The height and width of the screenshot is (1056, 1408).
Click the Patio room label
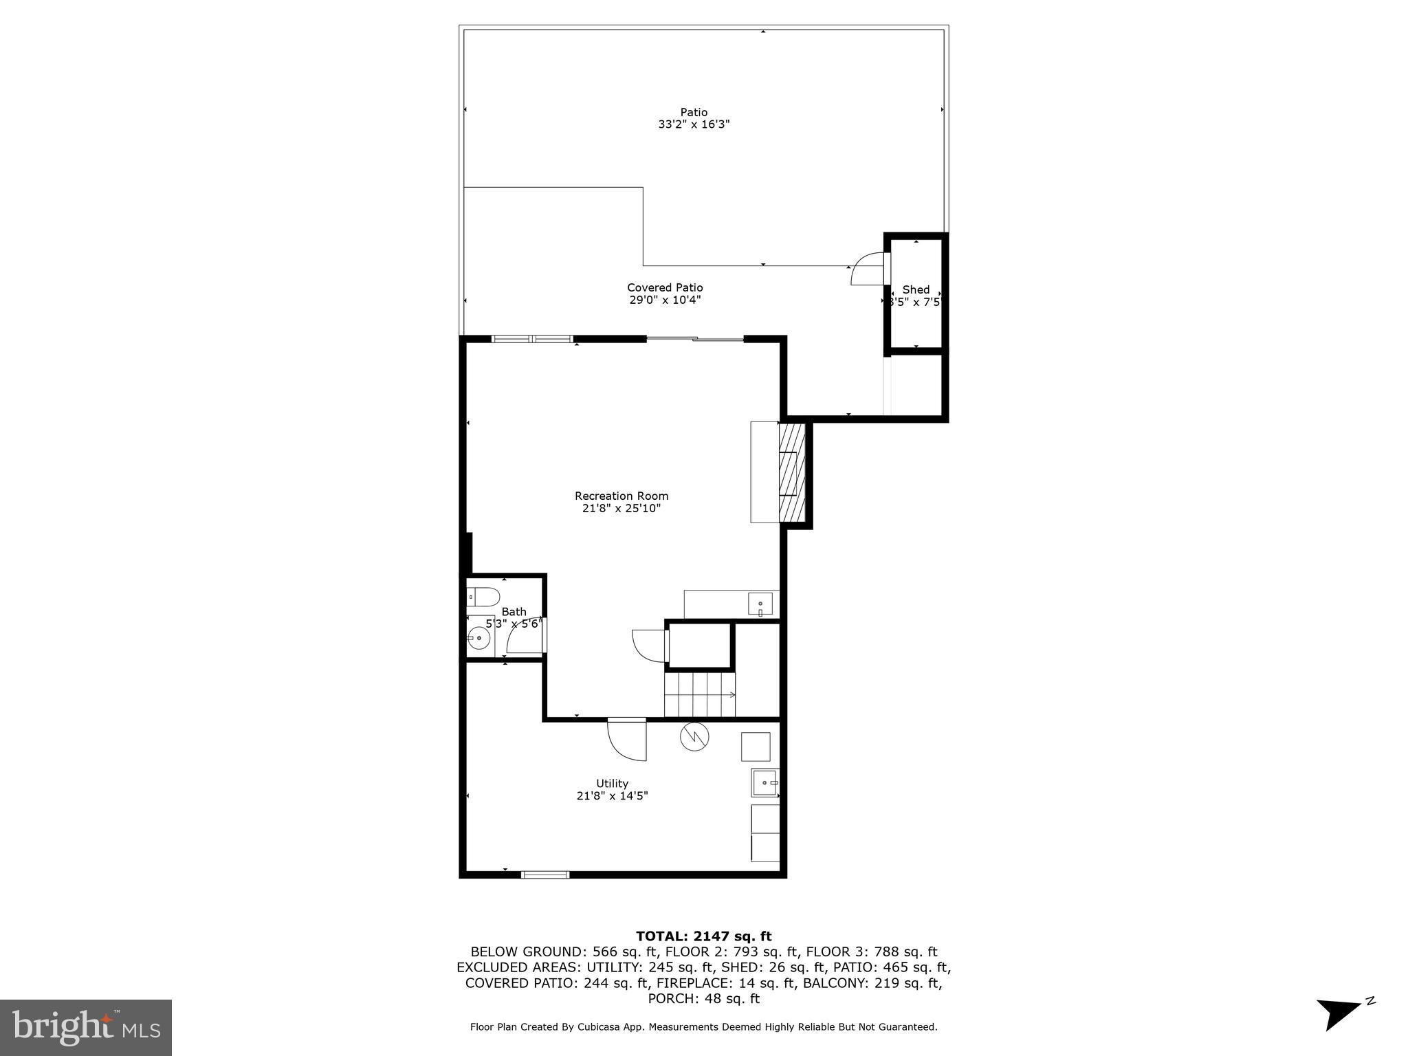pyautogui.click(x=694, y=112)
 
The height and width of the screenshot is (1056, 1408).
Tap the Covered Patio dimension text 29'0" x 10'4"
pyautogui.click(x=665, y=300)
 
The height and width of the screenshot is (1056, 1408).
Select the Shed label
pyautogui.click(x=916, y=289)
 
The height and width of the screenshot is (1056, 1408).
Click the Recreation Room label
pyautogui.click(x=621, y=496)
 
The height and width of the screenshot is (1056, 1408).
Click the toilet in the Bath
pyautogui.click(x=483, y=596)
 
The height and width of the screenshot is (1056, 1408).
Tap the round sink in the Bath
pyautogui.click(x=478, y=639)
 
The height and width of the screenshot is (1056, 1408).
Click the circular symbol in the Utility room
pyautogui.click(x=694, y=736)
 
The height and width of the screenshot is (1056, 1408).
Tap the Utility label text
pyautogui.click(x=612, y=783)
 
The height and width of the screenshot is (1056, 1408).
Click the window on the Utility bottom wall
pyautogui.click(x=545, y=874)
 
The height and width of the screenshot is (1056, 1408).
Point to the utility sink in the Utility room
pyautogui.click(x=764, y=782)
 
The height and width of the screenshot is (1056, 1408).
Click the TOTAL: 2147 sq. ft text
pyautogui.click(x=703, y=936)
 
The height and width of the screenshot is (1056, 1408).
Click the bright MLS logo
pyautogui.click(x=86, y=1028)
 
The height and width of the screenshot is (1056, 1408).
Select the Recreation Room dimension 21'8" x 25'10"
pyautogui.click(x=621, y=509)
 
